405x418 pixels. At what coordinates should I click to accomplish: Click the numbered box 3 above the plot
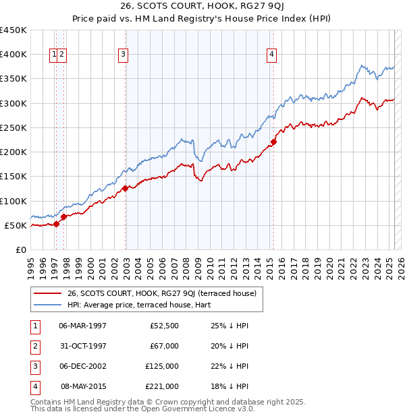click(124, 55)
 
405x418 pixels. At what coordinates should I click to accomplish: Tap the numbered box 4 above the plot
click(271, 55)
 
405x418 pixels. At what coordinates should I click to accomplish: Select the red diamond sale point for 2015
click(273, 142)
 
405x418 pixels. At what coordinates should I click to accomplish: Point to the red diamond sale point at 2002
click(126, 189)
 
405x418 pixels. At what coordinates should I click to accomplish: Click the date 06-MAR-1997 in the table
click(83, 326)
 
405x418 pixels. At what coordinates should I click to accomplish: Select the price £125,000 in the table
click(162, 366)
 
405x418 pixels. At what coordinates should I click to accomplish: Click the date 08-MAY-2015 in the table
click(84, 386)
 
